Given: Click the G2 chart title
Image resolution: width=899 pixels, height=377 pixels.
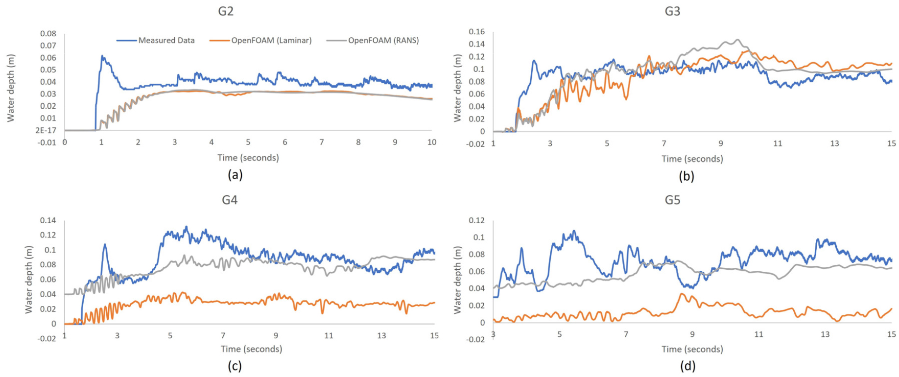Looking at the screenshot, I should (x=226, y=11).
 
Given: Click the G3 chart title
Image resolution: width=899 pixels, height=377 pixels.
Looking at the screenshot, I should (x=672, y=11).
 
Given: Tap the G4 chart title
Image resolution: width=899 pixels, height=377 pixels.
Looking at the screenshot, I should (x=230, y=200).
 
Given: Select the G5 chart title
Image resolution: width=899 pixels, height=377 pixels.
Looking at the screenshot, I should (x=672, y=200).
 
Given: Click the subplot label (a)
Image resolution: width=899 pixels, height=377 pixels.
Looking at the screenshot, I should (x=235, y=175).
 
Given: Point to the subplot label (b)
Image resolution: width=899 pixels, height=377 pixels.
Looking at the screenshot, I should (x=686, y=176).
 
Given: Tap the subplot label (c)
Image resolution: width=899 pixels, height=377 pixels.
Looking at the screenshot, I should (x=235, y=365).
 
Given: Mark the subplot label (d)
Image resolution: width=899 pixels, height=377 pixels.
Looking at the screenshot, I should (x=687, y=365).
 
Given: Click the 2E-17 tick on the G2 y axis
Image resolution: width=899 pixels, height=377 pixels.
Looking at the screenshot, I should (x=46, y=130).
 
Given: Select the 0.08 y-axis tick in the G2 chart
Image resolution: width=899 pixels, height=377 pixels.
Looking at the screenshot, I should (x=48, y=34).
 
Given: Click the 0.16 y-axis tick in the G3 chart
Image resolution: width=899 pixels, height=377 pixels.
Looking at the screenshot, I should (x=477, y=32).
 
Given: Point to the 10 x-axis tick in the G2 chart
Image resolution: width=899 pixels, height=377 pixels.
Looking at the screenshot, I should (x=431, y=142).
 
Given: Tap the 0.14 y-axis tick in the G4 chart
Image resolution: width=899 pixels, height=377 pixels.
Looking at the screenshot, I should (x=48, y=220).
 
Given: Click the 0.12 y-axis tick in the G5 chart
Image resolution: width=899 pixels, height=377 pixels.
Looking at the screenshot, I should (x=477, y=220).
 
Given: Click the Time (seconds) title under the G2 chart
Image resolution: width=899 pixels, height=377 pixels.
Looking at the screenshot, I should (x=248, y=158).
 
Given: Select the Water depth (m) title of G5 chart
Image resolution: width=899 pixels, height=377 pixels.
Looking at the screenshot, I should (x=458, y=280).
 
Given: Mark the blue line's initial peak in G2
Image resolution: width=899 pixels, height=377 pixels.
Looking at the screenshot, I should (x=102, y=56).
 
